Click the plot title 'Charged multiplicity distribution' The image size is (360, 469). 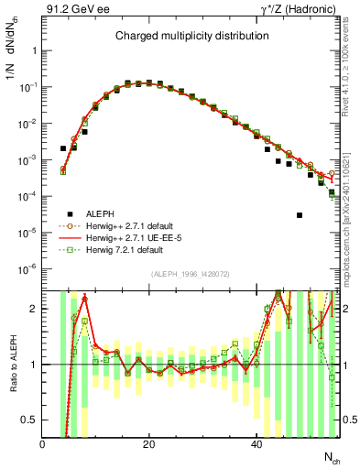[191, 37]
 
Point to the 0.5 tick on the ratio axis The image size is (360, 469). [30, 420]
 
